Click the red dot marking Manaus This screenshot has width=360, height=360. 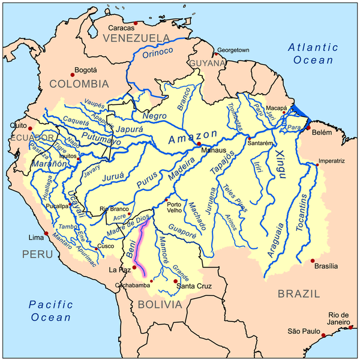(199, 144)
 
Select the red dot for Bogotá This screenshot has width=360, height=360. (73, 74)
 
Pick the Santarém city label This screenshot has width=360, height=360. (262, 145)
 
